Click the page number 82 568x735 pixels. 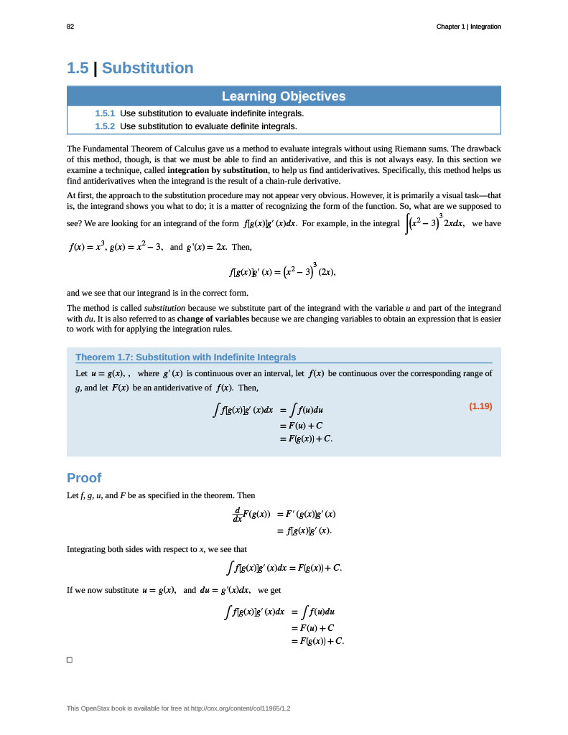(x=70, y=27)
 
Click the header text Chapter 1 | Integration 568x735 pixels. (x=468, y=27)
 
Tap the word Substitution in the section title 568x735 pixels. (x=148, y=68)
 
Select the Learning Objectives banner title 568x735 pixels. (x=284, y=96)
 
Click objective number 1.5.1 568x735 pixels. (x=105, y=113)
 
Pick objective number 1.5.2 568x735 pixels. (x=105, y=126)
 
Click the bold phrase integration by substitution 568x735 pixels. (x=218, y=171)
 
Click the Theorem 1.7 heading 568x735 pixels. (x=185, y=357)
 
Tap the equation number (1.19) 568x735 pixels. (x=480, y=406)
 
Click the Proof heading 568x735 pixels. (x=84, y=478)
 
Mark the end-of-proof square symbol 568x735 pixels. (x=70, y=660)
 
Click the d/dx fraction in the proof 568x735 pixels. (x=237, y=514)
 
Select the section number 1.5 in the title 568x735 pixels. (x=78, y=68)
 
